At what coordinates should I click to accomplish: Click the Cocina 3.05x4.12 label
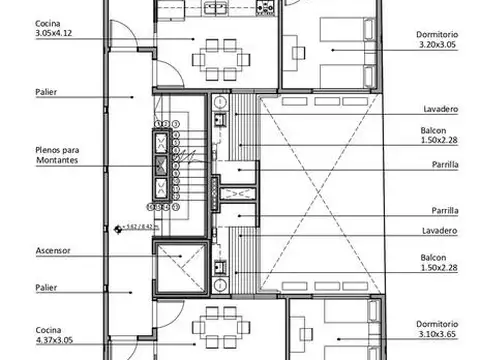click(53, 27)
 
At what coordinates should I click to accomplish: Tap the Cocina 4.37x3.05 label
click(53, 334)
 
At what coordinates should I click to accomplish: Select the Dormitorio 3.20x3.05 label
click(437, 39)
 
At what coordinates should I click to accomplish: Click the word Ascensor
click(52, 250)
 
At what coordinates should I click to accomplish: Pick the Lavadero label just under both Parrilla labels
click(440, 232)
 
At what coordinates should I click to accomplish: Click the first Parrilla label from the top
click(444, 166)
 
